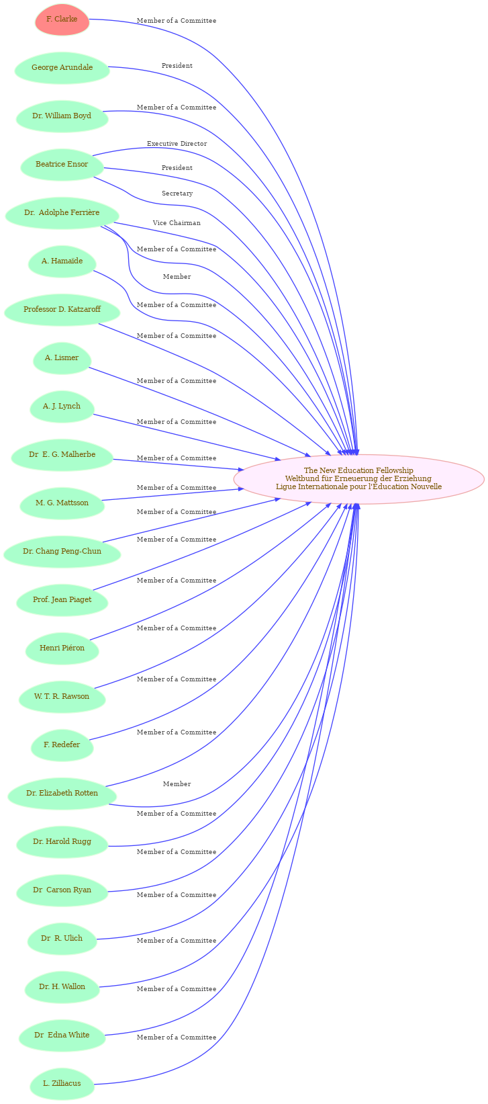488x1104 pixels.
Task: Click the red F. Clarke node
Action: tap(62, 19)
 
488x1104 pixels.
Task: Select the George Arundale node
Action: tap(62, 67)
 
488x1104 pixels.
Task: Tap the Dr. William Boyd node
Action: tap(62, 116)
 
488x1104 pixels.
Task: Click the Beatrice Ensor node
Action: tap(62, 164)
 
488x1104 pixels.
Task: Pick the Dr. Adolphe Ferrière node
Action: tap(62, 212)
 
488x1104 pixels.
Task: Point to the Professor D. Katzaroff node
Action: tap(62, 309)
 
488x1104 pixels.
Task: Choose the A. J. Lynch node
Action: tap(62, 406)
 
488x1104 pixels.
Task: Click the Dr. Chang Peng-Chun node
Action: tap(62, 551)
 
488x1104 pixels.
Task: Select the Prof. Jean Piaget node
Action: tap(62, 599)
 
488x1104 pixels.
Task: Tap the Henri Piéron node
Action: tap(62, 648)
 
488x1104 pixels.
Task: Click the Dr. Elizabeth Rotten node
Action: tap(62, 793)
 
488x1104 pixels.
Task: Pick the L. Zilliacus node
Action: tap(62, 1083)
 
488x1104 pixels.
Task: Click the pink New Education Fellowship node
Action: tap(358, 478)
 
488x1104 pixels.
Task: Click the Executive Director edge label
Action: tap(177, 144)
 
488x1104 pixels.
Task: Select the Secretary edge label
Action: tap(177, 194)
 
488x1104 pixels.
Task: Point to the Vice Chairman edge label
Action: tap(177, 223)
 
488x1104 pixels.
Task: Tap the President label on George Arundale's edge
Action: tap(177, 66)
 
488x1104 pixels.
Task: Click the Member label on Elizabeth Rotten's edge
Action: tap(177, 784)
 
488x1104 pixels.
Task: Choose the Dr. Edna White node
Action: tap(62, 1035)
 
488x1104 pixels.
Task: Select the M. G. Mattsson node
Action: tap(62, 503)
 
